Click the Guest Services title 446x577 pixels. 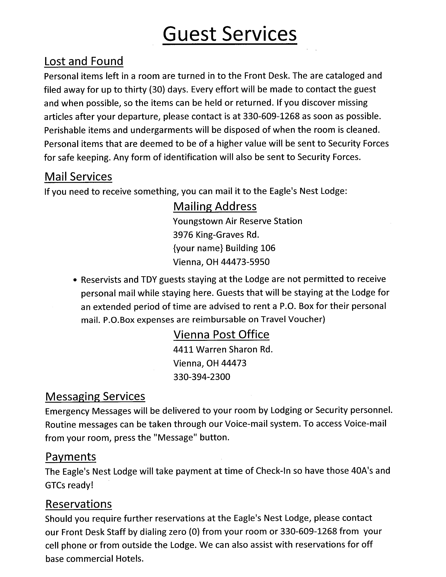(230, 34)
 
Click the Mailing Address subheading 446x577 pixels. (215, 206)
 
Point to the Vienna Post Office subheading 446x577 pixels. (221, 335)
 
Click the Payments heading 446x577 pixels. (70, 457)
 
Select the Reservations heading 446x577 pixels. (79, 504)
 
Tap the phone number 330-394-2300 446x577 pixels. (202, 377)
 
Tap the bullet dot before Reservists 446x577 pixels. (75, 280)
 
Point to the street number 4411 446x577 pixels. (183, 350)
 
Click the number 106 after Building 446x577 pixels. (268, 248)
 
